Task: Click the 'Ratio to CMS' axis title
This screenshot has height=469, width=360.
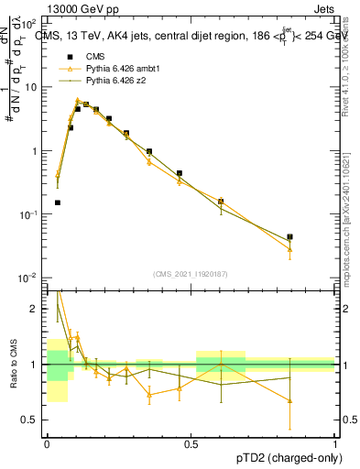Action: (x=14, y=362)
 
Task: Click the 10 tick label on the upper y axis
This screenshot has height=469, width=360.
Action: (x=32, y=87)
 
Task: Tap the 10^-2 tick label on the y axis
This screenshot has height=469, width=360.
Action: (x=29, y=278)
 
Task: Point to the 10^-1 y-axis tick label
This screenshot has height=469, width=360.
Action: (x=29, y=213)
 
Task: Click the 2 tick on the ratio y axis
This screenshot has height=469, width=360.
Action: (x=37, y=309)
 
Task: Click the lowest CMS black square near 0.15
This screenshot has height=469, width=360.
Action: (x=57, y=202)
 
